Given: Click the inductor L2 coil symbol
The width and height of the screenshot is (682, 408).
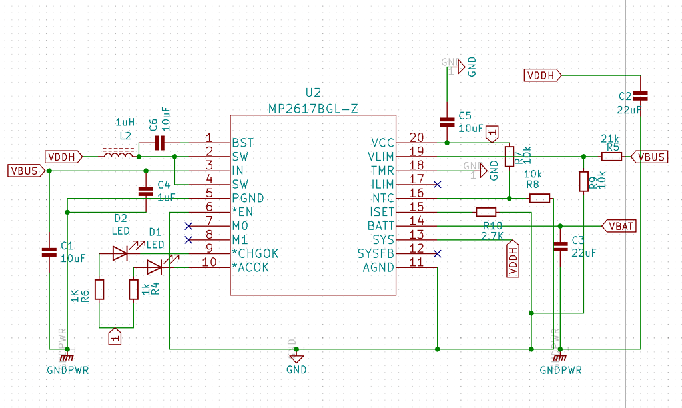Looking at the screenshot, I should coord(118,154).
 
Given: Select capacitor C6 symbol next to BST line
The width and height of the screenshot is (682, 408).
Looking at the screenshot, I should coord(159,142).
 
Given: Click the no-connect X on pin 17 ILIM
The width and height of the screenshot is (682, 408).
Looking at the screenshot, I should coord(437,184).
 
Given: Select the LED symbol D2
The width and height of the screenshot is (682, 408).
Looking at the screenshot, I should coord(120,253).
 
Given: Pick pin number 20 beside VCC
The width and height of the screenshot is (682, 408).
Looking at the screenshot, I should coord(416,138).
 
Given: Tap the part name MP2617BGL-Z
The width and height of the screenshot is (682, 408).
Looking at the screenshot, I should coord(313,108).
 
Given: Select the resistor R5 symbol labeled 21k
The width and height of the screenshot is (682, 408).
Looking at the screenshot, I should coord(611,157).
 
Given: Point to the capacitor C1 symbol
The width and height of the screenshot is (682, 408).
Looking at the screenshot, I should coord(49,252).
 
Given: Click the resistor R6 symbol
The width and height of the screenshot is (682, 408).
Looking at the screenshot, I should coord(99,289).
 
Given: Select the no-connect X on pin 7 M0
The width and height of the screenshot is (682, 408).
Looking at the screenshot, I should coord(188,226).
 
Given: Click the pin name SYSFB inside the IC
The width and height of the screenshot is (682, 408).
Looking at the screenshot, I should coord(375,254).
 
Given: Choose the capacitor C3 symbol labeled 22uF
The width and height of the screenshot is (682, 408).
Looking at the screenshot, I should coord(561,247).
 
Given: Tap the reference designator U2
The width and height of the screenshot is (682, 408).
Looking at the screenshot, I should coord(313,93).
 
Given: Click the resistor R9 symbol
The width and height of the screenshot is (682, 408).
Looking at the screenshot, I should coord(583,181).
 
